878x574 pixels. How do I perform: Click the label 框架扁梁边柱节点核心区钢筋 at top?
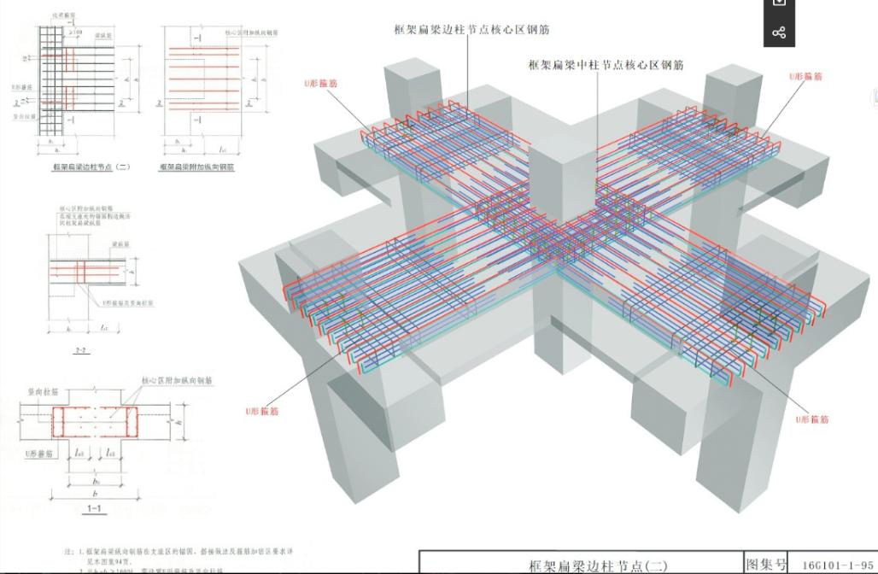pos(471,30)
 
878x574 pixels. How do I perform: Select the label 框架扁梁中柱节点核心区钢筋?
pos(606,65)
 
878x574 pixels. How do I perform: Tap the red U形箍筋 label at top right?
pos(805,77)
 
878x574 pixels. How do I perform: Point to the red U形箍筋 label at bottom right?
pos(812,419)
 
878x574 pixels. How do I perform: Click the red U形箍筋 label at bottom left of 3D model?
pos(262,411)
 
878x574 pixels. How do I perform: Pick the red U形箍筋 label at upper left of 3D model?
pos(320,84)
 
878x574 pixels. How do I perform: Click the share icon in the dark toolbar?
pos(779,33)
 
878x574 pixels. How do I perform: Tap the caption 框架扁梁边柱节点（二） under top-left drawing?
pos(91,167)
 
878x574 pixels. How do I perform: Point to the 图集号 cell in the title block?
pos(765,564)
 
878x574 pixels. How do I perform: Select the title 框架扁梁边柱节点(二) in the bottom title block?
pos(598,565)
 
